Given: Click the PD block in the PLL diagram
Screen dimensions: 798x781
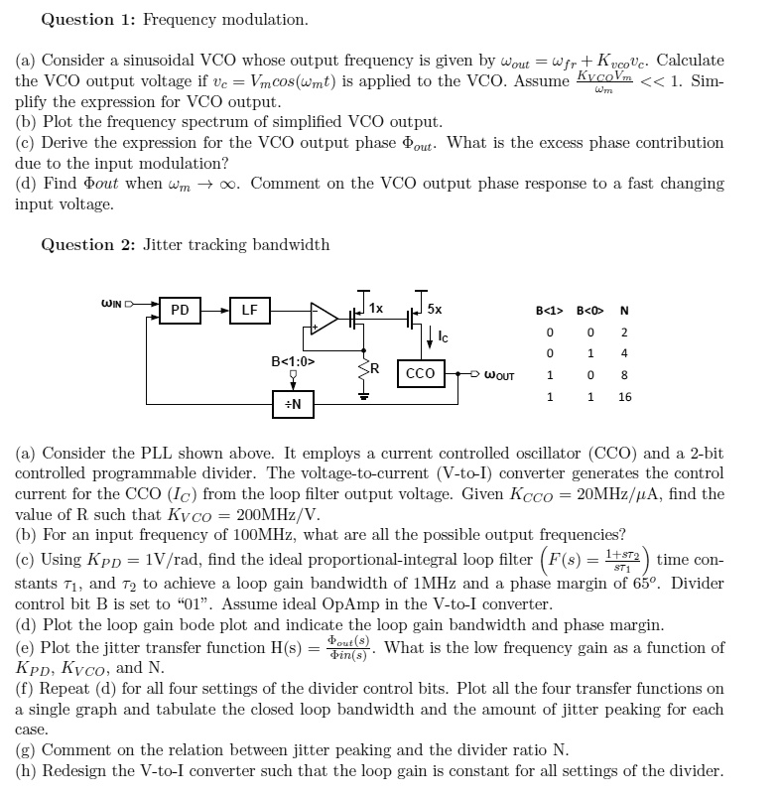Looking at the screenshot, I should click(180, 311).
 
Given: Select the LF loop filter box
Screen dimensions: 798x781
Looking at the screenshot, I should click(249, 311).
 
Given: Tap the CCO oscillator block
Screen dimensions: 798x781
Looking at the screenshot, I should click(421, 373).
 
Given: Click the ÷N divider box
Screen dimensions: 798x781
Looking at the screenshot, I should click(296, 404).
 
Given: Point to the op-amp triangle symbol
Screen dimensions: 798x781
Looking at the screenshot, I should click(324, 318).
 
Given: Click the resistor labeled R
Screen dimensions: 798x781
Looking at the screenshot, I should click(363, 368).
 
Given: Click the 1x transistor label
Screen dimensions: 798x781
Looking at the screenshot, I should click(376, 309).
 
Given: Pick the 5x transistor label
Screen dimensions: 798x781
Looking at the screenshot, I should click(435, 309).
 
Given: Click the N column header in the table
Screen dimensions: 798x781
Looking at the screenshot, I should click(623, 309).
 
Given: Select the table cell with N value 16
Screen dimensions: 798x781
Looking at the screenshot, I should click(624, 396).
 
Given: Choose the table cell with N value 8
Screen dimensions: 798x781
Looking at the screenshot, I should click(624, 375).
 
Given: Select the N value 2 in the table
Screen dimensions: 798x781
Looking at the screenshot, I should click(624, 332).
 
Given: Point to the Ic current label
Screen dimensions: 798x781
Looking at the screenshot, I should click(443, 338).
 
